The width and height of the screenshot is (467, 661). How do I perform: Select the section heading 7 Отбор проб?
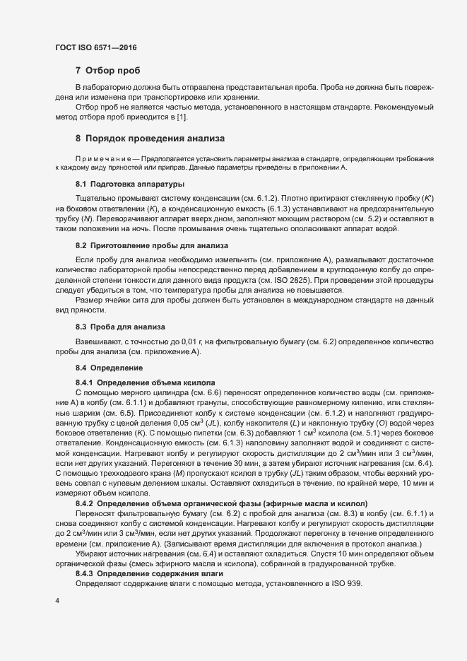click(107, 71)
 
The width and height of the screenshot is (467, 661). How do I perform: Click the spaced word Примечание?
click(102, 160)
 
